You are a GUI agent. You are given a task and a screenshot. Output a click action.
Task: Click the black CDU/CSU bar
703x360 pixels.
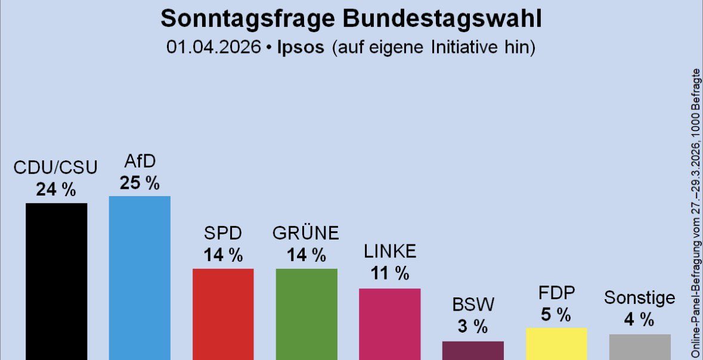[x=56, y=280]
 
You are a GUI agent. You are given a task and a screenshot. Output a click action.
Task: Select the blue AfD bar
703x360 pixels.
[x=140, y=277]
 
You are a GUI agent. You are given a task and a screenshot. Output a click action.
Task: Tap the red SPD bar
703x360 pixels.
[x=223, y=314]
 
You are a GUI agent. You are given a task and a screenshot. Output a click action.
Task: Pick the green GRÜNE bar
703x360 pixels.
[x=306, y=314]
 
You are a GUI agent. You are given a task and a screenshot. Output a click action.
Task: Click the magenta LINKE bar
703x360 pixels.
[x=389, y=324]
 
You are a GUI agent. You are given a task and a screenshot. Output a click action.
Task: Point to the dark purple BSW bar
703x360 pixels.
[x=473, y=350]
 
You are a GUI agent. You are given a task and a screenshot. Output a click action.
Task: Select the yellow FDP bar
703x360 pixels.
[x=556, y=343]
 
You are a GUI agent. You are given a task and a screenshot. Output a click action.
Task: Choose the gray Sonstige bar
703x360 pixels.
[x=640, y=347]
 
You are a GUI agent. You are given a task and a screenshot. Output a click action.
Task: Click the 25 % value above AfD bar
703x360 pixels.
[x=140, y=183]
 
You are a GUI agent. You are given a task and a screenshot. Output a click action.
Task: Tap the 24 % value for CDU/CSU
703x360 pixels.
[x=56, y=190]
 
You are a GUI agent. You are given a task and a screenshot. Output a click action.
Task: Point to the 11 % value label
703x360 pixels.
[x=389, y=274]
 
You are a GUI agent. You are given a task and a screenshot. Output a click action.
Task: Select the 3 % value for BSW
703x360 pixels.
[x=473, y=327]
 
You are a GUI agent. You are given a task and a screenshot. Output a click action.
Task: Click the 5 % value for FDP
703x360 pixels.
[x=556, y=314]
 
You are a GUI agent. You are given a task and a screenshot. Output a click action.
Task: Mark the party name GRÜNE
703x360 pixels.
[x=306, y=233]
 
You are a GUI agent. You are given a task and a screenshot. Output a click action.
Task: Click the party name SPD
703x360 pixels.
[x=223, y=233]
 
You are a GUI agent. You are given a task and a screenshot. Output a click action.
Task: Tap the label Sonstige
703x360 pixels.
[x=640, y=297]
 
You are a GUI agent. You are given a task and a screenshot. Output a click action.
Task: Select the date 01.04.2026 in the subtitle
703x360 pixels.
[x=214, y=48]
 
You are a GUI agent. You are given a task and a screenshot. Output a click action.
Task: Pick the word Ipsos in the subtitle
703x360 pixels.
[x=301, y=48]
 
